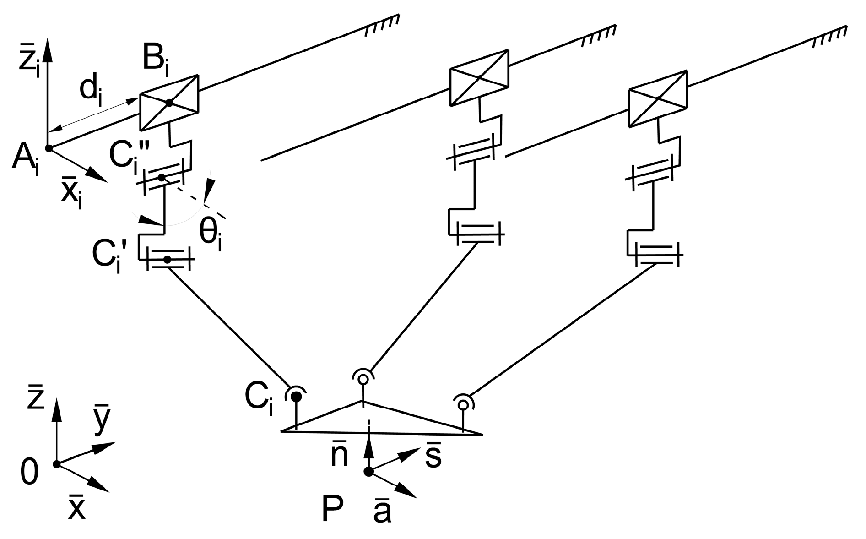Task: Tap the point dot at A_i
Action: coord(49,148)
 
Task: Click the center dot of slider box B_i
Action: coord(169,103)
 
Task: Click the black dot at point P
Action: coord(368,472)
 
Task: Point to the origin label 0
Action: coord(30,473)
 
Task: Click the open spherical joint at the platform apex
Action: coord(363,379)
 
